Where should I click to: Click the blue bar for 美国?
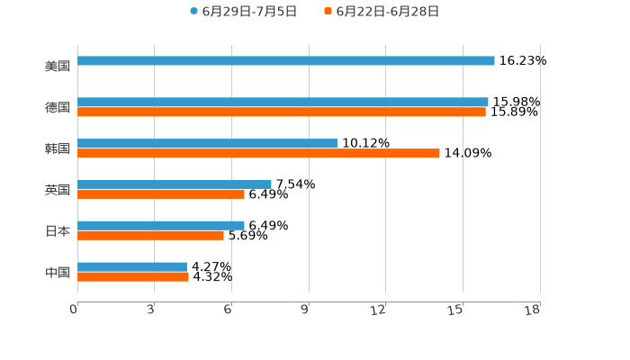(286, 61)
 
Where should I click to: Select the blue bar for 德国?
(283, 103)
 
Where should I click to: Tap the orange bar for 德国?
(282, 112)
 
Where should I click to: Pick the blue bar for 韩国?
(207, 144)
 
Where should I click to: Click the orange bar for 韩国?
(258, 154)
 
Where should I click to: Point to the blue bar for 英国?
(175, 184)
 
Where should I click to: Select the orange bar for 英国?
(161, 194)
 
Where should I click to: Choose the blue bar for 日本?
(161, 226)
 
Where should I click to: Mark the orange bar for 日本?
(150, 236)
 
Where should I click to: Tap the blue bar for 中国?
(132, 267)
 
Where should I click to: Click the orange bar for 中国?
(133, 277)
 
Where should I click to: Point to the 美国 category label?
(58, 66)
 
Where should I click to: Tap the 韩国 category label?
(58, 148)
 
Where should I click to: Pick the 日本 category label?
(58, 230)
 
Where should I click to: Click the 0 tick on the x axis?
(75, 310)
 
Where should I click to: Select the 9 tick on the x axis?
(306, 310)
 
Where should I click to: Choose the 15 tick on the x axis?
(456, 310)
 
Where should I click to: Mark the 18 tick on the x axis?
(533, 310)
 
